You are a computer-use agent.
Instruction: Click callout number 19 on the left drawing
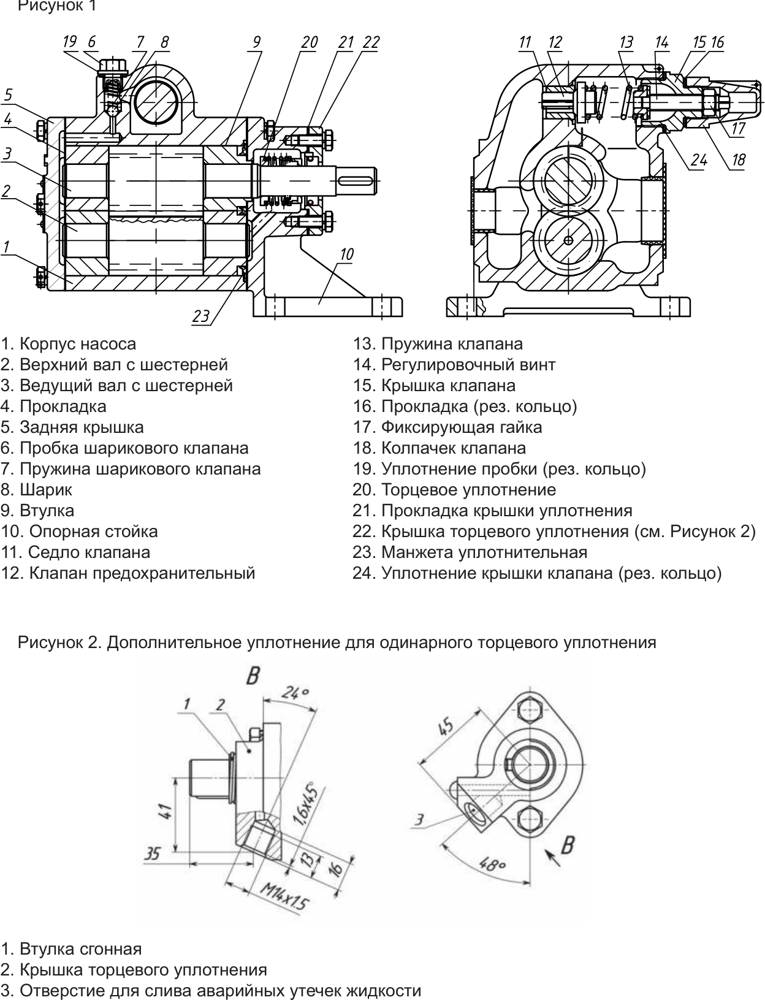[70, 42]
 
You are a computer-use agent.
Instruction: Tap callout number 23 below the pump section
[201, 316]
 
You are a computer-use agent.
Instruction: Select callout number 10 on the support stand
[346, 254]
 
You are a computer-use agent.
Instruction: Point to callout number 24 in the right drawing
[699, 160]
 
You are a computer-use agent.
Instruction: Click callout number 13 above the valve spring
[626, 42]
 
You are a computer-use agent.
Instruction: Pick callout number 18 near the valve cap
[738, 159]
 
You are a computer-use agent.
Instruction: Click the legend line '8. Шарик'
[36, 490]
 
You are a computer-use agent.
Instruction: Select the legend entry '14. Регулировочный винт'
[454, 364]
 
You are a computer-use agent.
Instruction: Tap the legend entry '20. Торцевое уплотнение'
[454, 490]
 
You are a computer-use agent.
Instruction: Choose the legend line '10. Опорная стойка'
[79, 531]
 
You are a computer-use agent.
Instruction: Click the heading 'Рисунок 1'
[57, 6]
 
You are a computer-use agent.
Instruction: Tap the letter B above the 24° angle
[253, 675]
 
